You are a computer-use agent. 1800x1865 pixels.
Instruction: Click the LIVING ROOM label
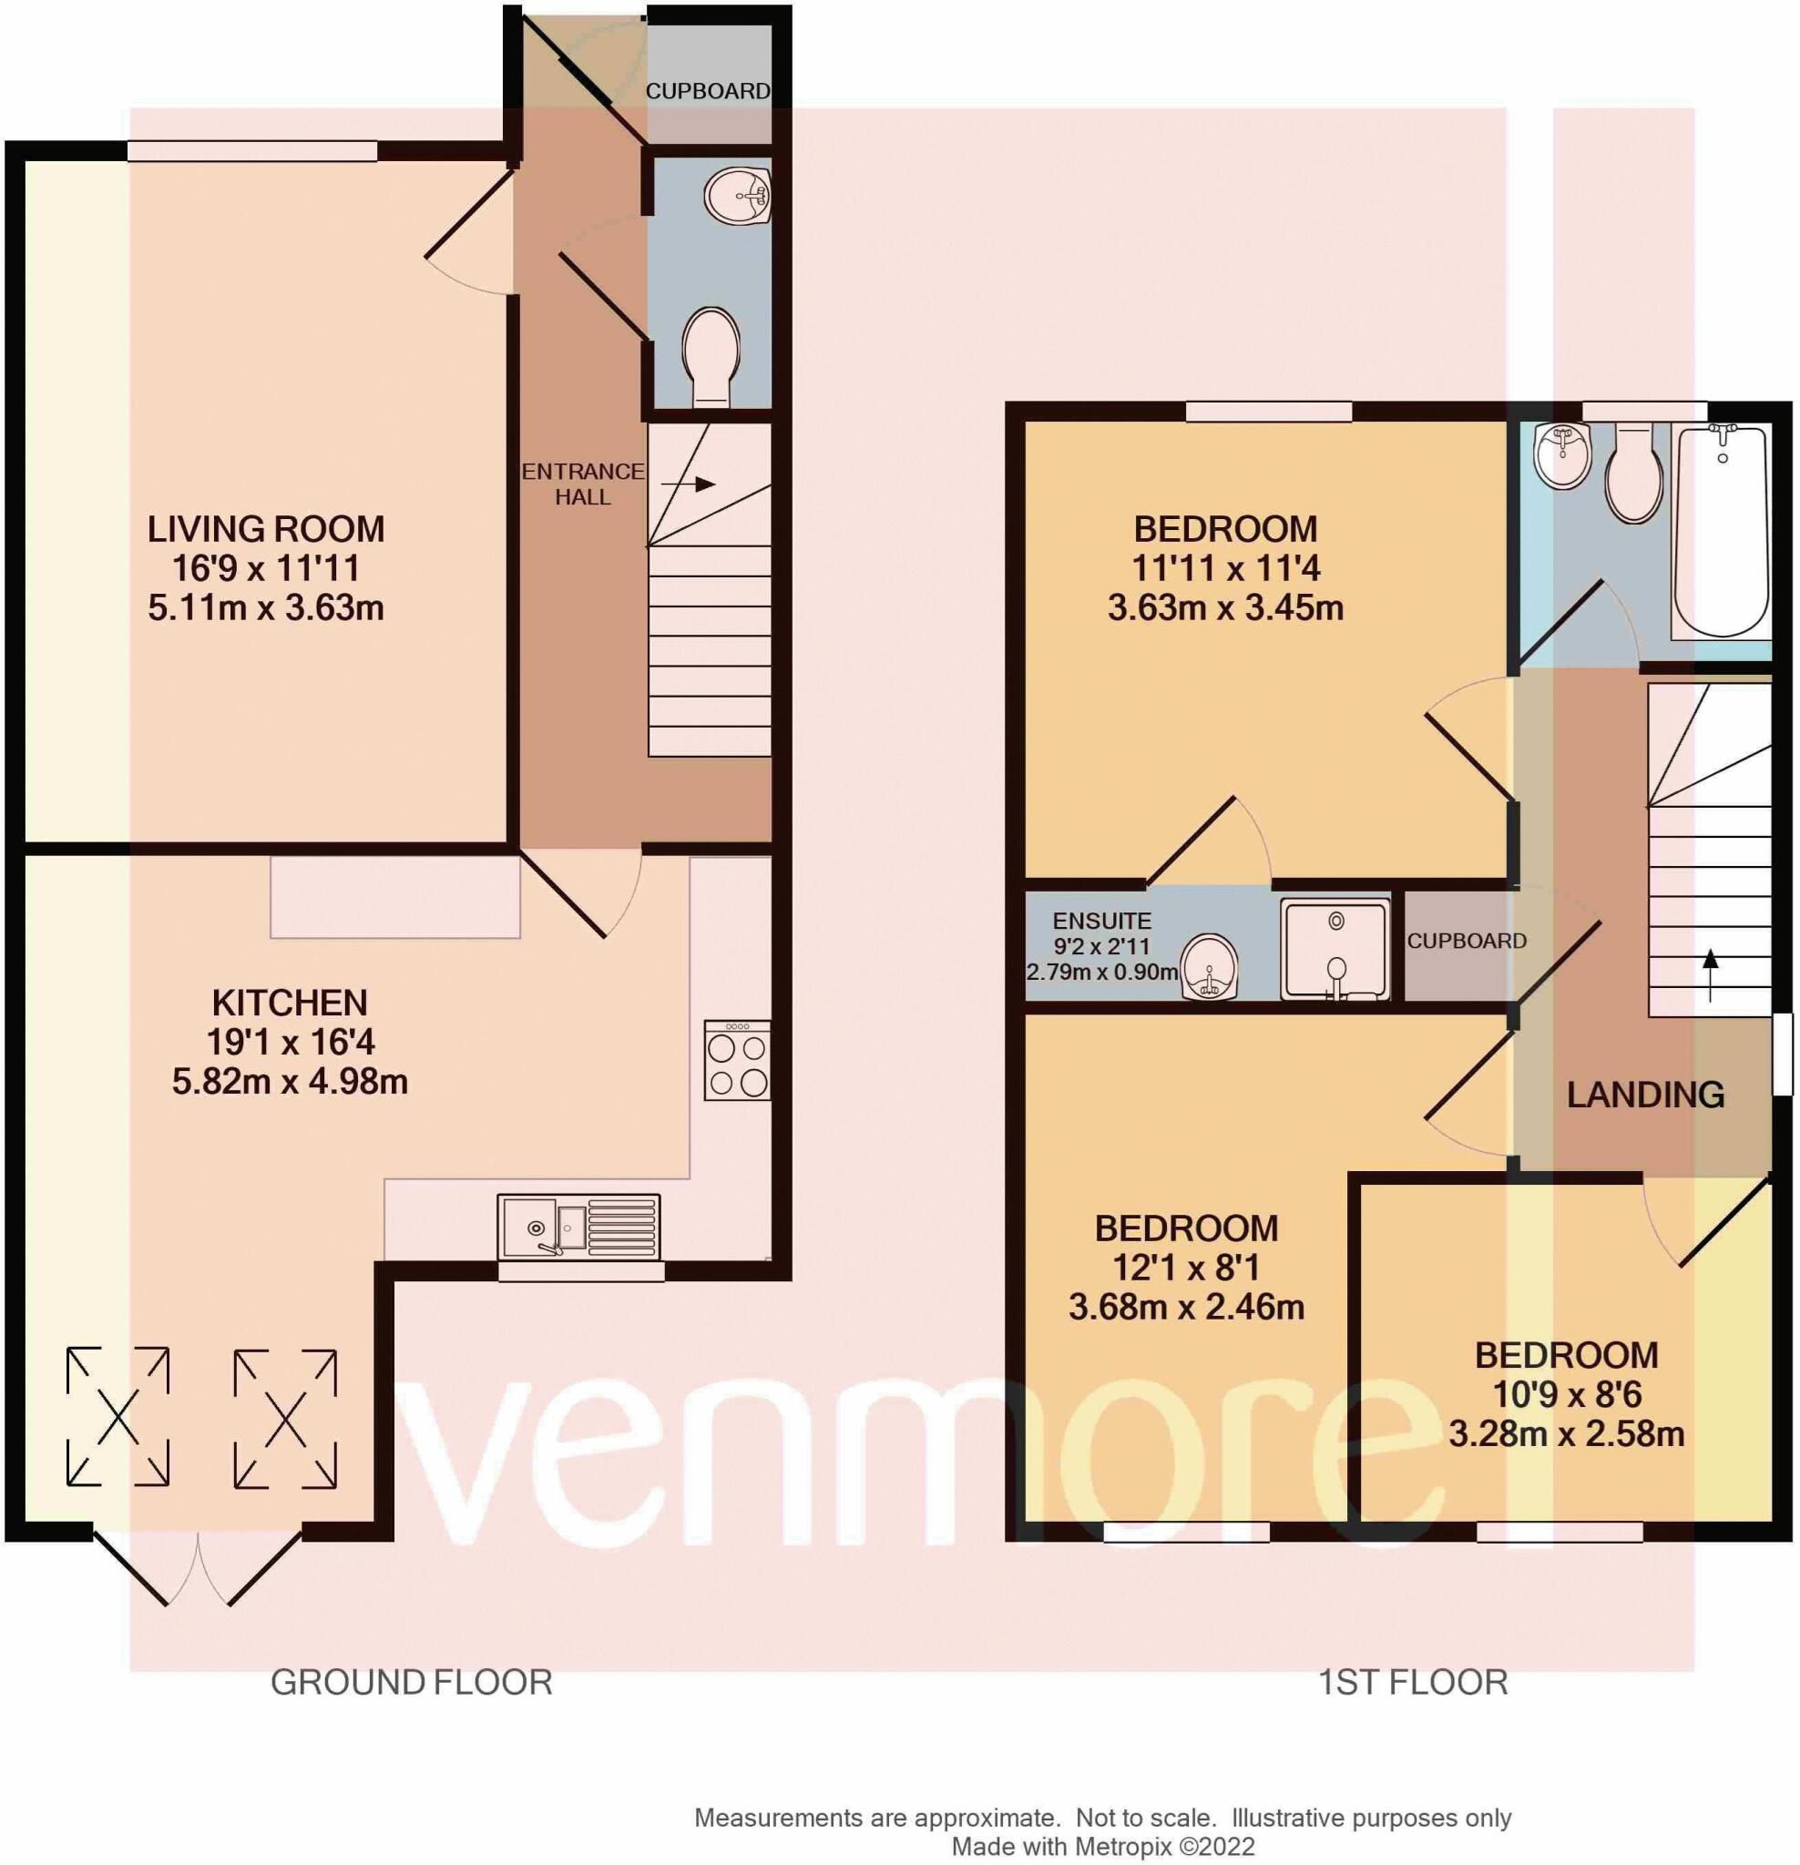tap(266, 529)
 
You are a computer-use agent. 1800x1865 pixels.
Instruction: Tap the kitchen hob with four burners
tap(737, 1060)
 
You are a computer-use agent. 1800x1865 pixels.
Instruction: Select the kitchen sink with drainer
tap(578, 1223)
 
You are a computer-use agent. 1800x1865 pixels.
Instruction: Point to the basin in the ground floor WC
tap(737, 196)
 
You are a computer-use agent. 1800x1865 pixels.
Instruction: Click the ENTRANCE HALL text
tap(583, 484)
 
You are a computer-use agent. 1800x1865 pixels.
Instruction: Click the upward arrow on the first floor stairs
tap(1710, 973)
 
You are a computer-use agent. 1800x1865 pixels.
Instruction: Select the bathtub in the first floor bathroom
tap(1721, 530)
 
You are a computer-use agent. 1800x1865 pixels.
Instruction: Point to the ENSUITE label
tap(1101, 921)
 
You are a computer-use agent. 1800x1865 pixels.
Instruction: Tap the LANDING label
tap(1645, 1096)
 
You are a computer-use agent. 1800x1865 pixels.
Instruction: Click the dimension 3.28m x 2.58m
tap(1566, 1433)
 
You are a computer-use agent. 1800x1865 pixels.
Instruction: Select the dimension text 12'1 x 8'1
tap(1185, 1268)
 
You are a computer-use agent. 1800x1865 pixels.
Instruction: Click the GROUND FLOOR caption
tap(411, 1682)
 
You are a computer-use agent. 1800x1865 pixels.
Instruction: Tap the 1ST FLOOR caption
tap(1413, 1682)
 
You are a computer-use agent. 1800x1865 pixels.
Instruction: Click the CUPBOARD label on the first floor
tap(1466, 941)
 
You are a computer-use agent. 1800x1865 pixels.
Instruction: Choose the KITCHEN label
tap(290, 1003)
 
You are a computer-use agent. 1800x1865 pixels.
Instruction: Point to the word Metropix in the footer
tap(1126, 1847)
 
